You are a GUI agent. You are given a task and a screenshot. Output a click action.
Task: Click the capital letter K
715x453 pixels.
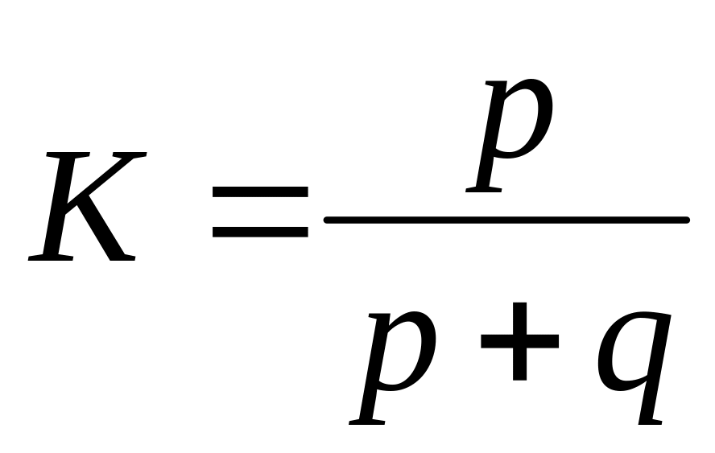click(x=85, y=206)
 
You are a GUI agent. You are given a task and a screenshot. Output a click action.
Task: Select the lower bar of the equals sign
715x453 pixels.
click(x=259, y=232)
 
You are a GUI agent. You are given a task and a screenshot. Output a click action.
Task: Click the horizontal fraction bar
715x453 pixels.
click(x=506, y=220)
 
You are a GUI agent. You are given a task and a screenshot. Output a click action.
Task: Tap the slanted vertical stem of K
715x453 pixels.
click(x=60, y=206)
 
